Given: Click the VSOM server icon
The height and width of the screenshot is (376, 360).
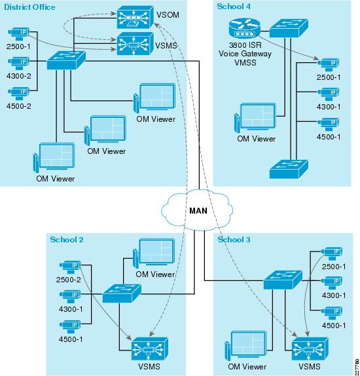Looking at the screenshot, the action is (135, 17).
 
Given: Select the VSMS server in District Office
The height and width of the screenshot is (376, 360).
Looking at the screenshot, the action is (135, 44).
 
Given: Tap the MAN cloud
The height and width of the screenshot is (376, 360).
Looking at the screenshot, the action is (197, 210).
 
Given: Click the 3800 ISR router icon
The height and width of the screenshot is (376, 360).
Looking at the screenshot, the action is (244, 28).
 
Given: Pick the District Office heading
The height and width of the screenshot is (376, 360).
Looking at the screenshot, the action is (29, 7).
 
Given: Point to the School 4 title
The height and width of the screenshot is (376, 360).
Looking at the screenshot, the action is (234, 7).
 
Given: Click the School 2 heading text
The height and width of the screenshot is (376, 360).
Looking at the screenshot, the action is (67, 239).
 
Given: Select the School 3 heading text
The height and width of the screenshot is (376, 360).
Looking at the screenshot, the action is (234, 239).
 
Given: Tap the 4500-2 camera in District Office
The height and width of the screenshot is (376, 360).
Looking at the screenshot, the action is (19, 93).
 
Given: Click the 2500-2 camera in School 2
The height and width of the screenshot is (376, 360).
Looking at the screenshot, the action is (70, 267).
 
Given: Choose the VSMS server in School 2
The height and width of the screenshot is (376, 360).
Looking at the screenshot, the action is (150, 348).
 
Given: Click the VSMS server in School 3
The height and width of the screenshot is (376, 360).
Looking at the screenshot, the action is (310, 348).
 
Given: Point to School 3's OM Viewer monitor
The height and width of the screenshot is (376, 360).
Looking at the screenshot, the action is (245, 345).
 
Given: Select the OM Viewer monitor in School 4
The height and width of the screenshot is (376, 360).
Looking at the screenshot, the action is (255, 117).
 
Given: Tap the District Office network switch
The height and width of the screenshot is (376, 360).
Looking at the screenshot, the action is (66, 60).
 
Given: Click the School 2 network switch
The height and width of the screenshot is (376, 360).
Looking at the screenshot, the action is (122, 293).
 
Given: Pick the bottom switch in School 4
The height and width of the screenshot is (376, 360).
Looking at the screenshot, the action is (289, 169).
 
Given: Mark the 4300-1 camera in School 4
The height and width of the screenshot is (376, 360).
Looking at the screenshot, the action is (329, 94).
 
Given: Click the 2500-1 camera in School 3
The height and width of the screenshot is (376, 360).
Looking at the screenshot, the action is (332, 254).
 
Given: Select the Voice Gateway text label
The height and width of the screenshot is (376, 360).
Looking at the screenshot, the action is (245, 54).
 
